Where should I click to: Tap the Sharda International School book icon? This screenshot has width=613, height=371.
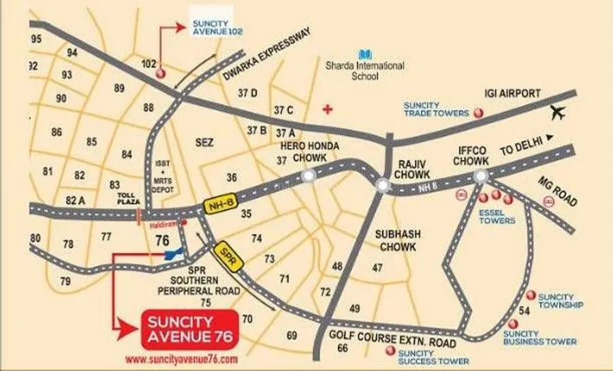coord(366,53)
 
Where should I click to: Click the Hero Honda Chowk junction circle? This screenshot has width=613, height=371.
coord(310,176)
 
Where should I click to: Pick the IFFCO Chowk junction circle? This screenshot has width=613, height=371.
coord(480,177)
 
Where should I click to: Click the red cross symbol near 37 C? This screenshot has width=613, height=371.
coord(330,109)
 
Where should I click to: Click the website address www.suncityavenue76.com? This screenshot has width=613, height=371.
coord(182,359)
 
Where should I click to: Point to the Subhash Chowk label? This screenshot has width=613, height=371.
coord(398,239)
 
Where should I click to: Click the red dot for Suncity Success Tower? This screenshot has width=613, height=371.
coord(390,351)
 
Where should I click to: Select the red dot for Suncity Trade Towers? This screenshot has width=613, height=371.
coord(479,112)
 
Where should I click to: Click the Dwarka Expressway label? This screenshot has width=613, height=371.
coord(266,55)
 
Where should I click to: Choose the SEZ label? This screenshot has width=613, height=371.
coord(204,143)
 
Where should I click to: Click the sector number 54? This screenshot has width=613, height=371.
coord(524,310)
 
